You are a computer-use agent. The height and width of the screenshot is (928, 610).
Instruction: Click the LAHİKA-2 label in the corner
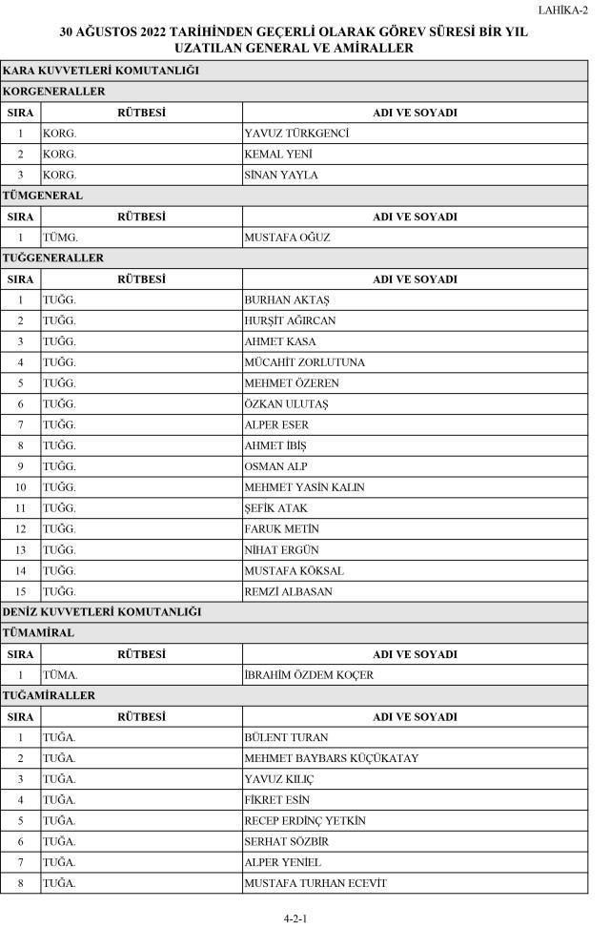562,10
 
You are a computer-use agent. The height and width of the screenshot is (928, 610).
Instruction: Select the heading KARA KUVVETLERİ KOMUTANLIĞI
100,71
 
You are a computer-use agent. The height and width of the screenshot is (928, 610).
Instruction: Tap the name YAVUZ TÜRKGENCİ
296,134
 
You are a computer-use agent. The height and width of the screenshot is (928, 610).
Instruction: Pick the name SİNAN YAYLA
281,175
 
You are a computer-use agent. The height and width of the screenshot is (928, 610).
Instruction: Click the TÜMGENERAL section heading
43,196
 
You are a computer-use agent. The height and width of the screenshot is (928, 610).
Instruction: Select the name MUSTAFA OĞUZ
287,237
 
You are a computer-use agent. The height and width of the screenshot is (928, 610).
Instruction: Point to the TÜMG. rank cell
59,237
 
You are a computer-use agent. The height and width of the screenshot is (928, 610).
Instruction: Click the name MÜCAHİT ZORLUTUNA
304,362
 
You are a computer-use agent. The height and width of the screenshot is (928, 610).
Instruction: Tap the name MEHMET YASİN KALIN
304,487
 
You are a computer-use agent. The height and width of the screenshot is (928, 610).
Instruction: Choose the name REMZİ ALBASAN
290,591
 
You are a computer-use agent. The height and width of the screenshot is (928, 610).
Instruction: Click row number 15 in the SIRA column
20,591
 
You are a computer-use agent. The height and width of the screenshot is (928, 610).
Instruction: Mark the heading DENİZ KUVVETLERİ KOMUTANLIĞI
101,611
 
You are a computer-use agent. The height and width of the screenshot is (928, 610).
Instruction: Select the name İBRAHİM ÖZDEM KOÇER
309,675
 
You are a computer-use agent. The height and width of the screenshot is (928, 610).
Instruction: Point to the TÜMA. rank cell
59,675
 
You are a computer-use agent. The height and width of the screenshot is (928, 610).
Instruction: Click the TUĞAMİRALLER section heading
49,695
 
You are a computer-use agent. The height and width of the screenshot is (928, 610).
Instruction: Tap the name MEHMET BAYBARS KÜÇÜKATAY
331,758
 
